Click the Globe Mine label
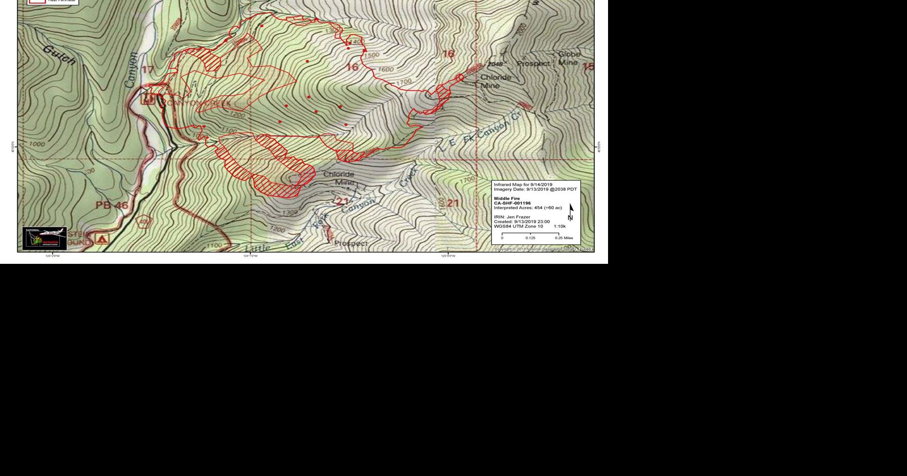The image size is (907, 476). [569, 58]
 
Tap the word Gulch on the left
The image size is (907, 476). [59, 55]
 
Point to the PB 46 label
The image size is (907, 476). [111, 205]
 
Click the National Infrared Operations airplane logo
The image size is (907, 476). [45, 239]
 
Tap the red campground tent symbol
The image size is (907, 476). [102, 239]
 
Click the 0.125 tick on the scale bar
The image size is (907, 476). [530, 237]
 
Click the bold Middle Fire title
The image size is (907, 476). [507, 199]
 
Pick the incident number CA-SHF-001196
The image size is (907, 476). [512, 203]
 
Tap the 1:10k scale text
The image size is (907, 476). [559, 226]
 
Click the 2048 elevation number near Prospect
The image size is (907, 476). [495, 64]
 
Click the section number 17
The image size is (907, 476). [147, 70]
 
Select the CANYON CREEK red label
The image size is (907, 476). [199, 103]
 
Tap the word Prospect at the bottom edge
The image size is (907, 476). [351, 244]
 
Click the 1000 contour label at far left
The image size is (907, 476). [36, 144]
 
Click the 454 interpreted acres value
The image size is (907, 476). [538, 208]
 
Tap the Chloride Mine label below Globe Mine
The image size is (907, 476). [496, 81]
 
